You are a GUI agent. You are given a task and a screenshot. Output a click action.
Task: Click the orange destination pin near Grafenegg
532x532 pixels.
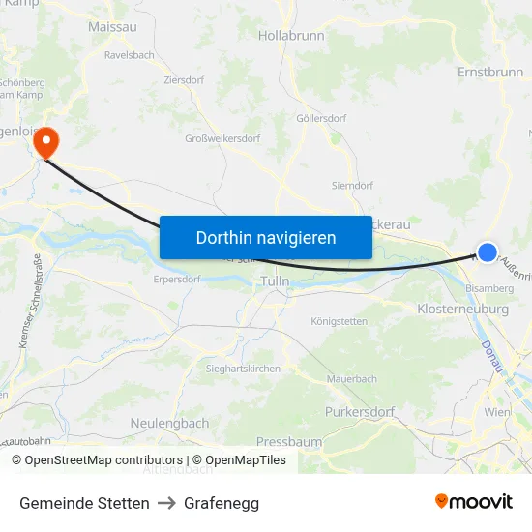point(45,142)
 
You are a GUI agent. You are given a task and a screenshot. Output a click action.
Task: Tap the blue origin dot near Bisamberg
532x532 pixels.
point(488,252)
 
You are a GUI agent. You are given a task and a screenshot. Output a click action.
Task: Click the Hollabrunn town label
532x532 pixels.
point(291,35)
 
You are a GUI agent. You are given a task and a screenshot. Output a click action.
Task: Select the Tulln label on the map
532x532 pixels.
point(276,281)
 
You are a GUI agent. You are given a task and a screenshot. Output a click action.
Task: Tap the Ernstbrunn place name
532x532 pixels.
point(490,73)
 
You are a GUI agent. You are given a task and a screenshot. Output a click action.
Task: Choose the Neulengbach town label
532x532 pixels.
point(169,423)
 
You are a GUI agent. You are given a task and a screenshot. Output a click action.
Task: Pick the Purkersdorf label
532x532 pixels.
point(360,412)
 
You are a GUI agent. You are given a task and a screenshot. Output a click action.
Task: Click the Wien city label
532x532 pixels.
point(497,412)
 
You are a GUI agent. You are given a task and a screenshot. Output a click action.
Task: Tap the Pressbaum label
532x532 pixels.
point(289,442)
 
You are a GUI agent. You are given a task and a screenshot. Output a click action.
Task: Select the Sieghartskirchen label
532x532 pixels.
point(243,369)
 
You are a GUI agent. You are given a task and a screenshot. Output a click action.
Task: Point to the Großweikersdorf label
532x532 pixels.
point(222,138)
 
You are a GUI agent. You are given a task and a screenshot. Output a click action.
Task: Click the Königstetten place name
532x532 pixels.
point(340,321)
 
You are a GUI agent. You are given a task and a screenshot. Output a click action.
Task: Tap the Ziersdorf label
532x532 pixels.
point(184,80)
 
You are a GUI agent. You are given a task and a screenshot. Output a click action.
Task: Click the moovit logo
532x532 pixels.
point(474,501)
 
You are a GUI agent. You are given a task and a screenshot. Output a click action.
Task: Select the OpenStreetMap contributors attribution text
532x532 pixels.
point(97,460)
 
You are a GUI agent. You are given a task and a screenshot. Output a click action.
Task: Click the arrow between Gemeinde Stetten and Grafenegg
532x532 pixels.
point(166,503)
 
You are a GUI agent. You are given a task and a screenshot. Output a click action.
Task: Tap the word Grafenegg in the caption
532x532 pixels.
point(222,503)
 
